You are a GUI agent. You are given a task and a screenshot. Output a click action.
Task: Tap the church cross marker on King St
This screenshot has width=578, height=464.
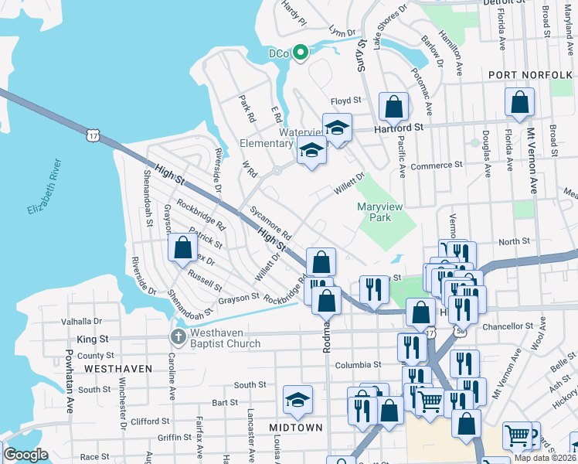177,337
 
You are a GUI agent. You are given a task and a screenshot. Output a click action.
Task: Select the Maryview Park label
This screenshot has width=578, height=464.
384,212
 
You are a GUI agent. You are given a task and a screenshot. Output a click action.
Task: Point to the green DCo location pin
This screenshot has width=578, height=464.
302,53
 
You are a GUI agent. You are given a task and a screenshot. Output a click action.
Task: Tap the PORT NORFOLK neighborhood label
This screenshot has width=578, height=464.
529,74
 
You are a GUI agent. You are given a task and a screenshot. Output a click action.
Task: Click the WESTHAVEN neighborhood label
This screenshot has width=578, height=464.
118,369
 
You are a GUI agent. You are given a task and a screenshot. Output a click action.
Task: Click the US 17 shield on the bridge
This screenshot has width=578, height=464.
93,135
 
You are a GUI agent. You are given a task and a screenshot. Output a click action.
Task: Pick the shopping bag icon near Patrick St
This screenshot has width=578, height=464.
183,248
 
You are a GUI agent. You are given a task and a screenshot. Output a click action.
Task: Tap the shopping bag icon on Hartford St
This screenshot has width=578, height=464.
393,107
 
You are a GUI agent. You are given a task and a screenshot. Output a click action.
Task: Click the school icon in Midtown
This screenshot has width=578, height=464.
297,400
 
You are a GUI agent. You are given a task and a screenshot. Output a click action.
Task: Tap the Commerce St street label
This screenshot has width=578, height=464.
436,165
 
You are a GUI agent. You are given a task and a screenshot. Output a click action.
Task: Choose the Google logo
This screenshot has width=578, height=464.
25,455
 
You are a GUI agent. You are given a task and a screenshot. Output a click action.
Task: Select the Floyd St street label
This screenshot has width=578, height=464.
346,101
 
